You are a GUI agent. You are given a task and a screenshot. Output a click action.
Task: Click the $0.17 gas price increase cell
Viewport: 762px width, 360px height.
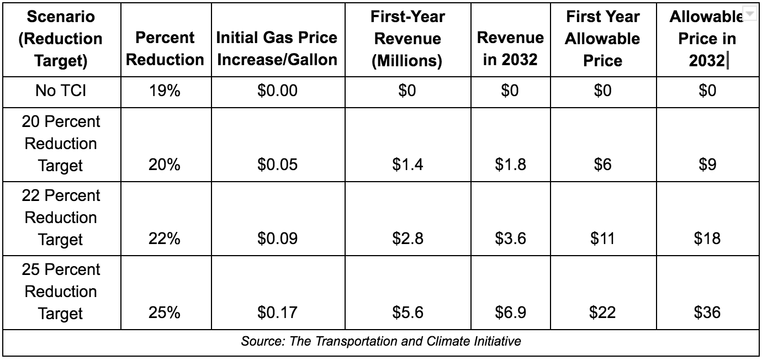(277, 313)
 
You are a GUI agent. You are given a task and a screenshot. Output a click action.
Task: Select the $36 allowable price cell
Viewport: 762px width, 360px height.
(707, 313)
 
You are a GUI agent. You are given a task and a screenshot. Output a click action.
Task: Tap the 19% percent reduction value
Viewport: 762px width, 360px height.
(165, 91)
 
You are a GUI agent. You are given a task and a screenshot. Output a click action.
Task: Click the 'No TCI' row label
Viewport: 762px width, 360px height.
(62, 91)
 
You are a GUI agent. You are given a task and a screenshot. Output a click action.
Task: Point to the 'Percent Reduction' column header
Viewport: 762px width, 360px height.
(165, 49)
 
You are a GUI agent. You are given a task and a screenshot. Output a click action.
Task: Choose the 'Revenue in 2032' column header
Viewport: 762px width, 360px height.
(510, 49)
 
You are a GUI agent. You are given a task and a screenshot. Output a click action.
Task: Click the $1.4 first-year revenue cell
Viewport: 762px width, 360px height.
(408, 165)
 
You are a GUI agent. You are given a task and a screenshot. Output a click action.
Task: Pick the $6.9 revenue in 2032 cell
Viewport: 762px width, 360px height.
(510, 313)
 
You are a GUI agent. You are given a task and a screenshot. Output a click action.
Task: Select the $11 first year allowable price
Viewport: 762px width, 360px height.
(602, 239)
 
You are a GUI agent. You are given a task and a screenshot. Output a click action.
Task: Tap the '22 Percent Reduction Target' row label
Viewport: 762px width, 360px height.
(62, 218)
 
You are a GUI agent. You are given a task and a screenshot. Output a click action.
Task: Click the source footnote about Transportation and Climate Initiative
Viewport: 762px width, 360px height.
(381, 341)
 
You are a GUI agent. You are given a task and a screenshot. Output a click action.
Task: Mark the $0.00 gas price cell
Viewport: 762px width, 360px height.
(277, 91)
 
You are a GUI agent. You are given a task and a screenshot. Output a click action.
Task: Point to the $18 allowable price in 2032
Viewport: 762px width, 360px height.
(707, 239)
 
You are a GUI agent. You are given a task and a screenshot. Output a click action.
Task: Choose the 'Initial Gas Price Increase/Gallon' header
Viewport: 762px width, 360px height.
(277, 49)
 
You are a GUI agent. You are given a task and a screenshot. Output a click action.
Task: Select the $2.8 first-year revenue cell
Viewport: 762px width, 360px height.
(408, 239)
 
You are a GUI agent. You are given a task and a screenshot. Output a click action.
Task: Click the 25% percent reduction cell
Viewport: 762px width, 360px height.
(165, 313)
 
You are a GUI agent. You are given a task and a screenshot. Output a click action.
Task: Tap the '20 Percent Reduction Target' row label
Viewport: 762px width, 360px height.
(62, 144)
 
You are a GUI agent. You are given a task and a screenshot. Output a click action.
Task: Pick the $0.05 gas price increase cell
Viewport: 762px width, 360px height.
(277, 165)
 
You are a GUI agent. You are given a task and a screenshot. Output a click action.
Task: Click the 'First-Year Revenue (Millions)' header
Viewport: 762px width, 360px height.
(408, 39)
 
